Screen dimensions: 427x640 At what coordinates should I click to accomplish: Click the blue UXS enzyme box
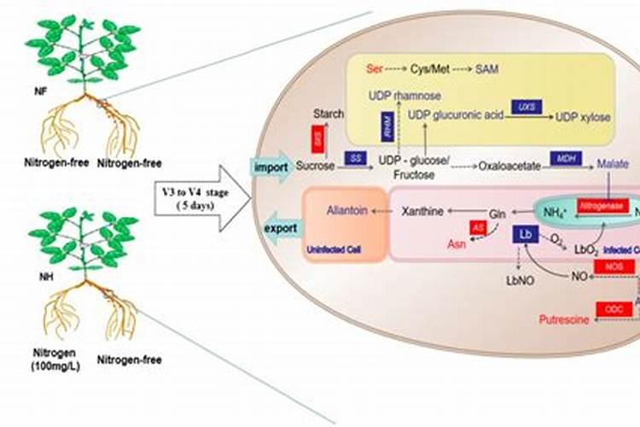point(525,106)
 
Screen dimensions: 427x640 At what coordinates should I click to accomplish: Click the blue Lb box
point(523,234)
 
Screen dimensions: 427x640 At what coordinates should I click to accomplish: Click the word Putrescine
point(566,320)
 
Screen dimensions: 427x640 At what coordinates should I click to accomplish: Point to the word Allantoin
point(346,208)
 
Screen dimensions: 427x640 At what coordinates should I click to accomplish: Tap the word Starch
point(329,114)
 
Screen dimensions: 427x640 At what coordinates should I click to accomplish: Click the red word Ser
point(374,67)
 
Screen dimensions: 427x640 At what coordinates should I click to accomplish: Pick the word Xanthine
point(423,208)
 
